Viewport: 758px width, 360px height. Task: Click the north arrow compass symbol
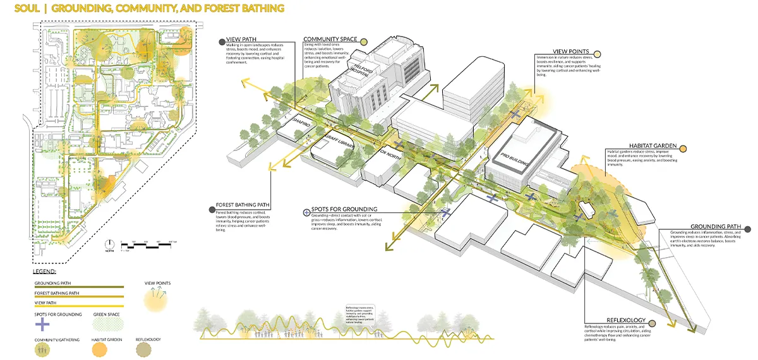click(109, 243)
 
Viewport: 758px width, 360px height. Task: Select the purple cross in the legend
click(42, 324)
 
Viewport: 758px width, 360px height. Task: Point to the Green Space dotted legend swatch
click(105, 323)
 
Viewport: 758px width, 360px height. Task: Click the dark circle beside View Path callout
click(221, 42)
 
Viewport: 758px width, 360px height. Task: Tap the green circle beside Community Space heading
click(364, 40)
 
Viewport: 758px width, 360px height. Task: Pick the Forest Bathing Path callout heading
click(243, 205)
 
